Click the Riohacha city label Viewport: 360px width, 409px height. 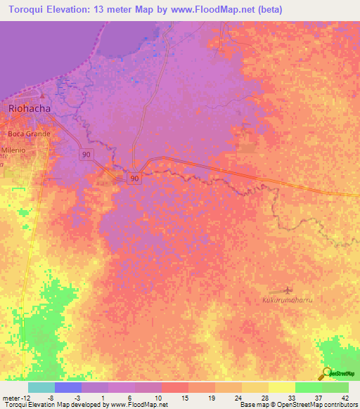point(30,109)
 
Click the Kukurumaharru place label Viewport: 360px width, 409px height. point(287,300)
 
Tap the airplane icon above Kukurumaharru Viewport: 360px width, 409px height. point(287,290)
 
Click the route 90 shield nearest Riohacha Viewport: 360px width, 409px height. point(86,154)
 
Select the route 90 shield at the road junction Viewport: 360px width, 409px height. point(134,179)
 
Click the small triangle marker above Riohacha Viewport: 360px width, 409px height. point(41,96)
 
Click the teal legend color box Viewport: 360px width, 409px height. point(41,387)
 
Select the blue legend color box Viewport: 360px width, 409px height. point(68,387)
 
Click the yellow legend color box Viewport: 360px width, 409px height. point(281,387)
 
